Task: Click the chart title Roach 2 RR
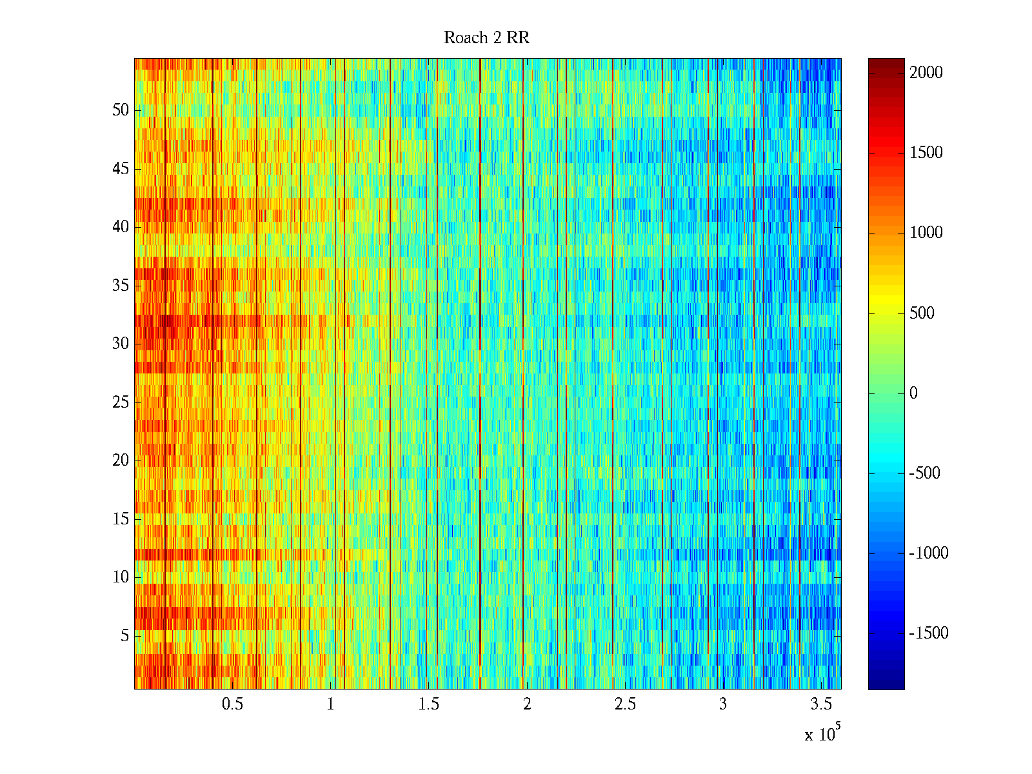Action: pyautogui.click(x=486, y=38)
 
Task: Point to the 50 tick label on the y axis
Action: pyautogui.click(x=121, y=110)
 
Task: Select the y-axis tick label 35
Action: pyautogui.click(x=121, y=285)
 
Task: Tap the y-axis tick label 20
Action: pyautogui.click(x=121, y=460)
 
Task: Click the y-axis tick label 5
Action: pyautogui.click(x=124, y=635)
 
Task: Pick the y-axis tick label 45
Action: pyautogui.click(x=121, y=168)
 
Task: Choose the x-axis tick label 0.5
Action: pyautogui.click(x=232, y=704)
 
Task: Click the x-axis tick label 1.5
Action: pyautogui.click(x=428, y=704)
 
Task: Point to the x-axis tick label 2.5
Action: pyautogui.click(x=625, y=704)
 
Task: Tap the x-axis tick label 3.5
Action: pyautogui.click(x=821, y=704)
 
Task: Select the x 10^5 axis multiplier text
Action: pyautogui.click(x=822, y=734)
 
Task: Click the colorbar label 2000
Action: pyautogui.click(x=926, y=72)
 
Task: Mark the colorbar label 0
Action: pyautogui.click(x=913, y=393)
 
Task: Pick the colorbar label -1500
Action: pyautogui.click(x=929, y=633)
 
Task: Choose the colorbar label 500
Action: pyautogui.click(x=922, y=313)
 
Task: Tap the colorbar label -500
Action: pyautogui.click(x=924, y=473)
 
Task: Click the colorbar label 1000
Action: pyautogui.click(x=926, y=232)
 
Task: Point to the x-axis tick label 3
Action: pyautogui.click(x=723, y=704)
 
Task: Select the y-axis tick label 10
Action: pyautogui.click(x=121, y=577)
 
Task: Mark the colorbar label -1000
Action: pyautogui.click(x=929, y=553)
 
